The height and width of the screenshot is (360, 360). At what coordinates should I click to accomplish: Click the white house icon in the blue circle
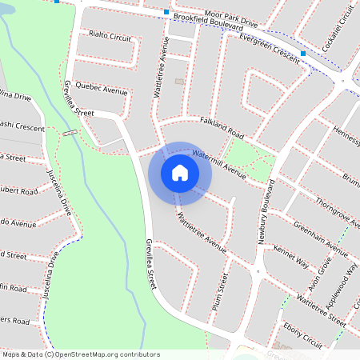pos(180,172)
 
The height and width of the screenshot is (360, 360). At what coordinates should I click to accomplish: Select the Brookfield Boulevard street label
pos(207,25)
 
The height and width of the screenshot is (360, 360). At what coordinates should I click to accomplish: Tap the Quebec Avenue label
pos(102,90)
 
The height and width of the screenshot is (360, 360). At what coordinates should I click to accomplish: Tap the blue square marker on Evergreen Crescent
pos(303,54)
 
